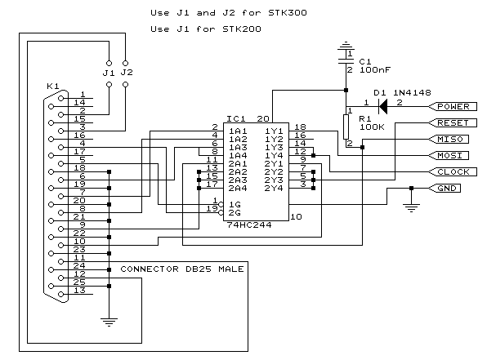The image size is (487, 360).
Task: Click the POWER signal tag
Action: point(453,106)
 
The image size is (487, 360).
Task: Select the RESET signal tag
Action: point(453,123)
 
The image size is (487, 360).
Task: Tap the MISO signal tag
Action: point(449,139)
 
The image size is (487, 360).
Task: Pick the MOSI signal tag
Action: point(449,155)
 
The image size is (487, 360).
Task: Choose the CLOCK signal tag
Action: point(453,172)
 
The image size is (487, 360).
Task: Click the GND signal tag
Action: point(445,188)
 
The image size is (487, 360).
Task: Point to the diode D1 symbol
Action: point(383,106)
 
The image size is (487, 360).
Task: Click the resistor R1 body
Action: point(346,127)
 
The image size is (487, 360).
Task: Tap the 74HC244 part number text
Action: point(249,225)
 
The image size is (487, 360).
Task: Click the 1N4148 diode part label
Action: point(412,92)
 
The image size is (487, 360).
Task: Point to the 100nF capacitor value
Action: point(375,70)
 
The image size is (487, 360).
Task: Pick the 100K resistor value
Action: point(372,127)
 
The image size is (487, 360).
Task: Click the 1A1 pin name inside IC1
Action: point(238,131)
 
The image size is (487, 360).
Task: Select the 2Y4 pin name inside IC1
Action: point(274,189)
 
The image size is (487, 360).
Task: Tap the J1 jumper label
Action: point(109,73)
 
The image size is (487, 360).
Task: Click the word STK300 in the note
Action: point(288,13)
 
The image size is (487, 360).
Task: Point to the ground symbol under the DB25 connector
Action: point(109,322)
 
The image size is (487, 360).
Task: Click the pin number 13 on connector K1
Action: point(79,290)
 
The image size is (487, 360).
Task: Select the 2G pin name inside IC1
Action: point(235,213)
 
